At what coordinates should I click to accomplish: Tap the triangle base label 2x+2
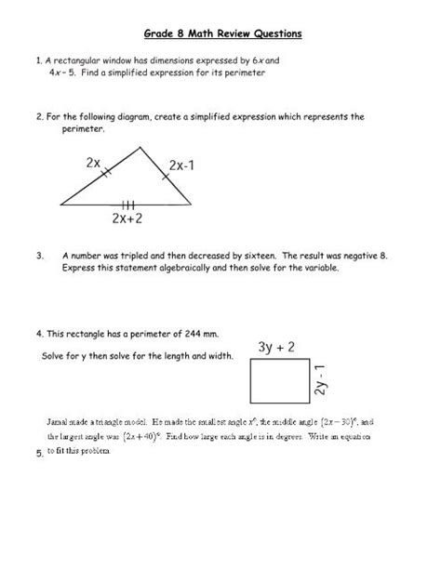coord(125,219)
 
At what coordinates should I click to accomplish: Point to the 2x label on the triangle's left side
coord(93,162)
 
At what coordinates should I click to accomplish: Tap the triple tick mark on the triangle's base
coord(126,204)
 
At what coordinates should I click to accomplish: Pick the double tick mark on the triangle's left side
coord(107,171)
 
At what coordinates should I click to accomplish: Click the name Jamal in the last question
coord(56,420)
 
